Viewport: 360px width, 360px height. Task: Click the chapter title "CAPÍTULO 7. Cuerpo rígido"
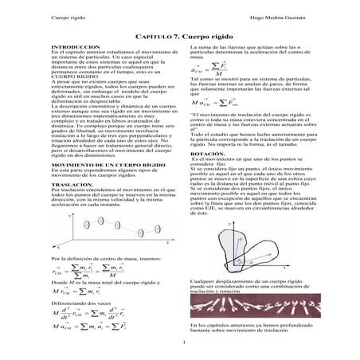point(180,37)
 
